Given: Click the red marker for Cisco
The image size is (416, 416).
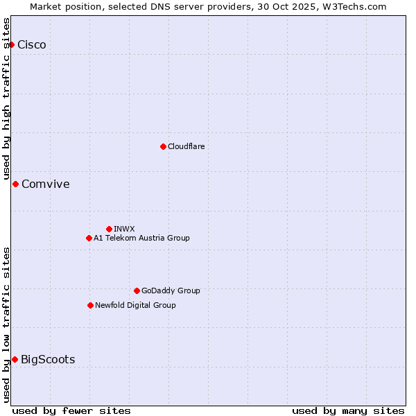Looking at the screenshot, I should tap(11, 44).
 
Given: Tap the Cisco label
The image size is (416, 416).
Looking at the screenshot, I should tap(32, 45).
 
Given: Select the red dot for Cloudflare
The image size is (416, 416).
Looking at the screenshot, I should tap(163, 146).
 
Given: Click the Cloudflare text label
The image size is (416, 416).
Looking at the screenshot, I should tap(186, 146).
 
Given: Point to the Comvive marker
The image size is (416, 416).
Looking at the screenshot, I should tap(15, 184).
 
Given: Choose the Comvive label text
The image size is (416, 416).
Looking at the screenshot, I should tap(46, 184).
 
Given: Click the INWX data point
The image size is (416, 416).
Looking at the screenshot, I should tap(109, 229).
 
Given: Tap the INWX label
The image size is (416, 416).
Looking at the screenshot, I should tap(124, 229).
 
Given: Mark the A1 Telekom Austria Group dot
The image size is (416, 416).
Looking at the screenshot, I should tap(89, 238).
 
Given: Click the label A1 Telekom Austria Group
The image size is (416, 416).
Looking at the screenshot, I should tap(141, 238).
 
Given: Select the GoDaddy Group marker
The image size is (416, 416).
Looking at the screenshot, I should tap(137, 291).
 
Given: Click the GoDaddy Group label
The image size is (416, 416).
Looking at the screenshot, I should tap(171, 291).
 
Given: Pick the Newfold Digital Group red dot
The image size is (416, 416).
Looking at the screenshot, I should tap(90, 305).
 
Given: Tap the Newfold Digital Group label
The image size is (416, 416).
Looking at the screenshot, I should tap(135, 305).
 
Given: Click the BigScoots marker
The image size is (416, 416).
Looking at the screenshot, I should tap(15, 359).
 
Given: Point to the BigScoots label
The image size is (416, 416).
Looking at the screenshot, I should tap(48, 360).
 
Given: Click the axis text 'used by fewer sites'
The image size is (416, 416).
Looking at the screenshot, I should tap(71, 410).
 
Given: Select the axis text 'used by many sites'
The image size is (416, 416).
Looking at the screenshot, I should tap(348, 410).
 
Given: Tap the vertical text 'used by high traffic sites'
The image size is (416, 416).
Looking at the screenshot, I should tap(6, 98).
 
